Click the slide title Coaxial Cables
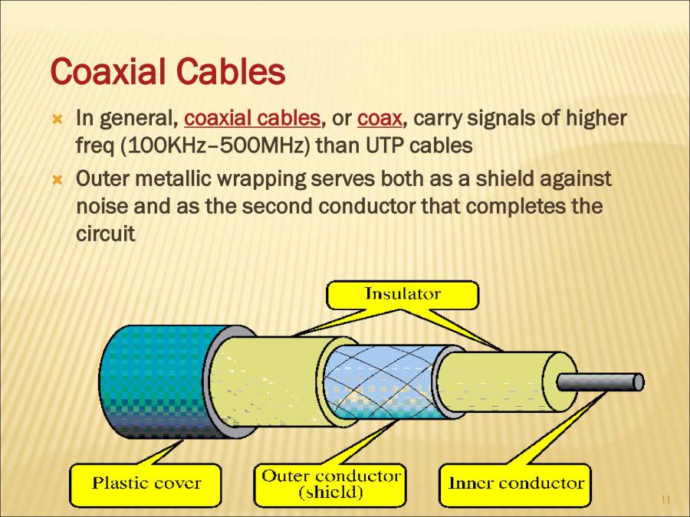(x=167, y=73)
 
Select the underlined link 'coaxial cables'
(x=252, y=119)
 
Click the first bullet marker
(x=55, y=119)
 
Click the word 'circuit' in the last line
(x=106, y=234)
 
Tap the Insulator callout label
(x=402, y=294)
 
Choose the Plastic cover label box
(x=146, y=483)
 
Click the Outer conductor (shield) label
(x=331, y=484)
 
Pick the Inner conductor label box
(x=515, y=483)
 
